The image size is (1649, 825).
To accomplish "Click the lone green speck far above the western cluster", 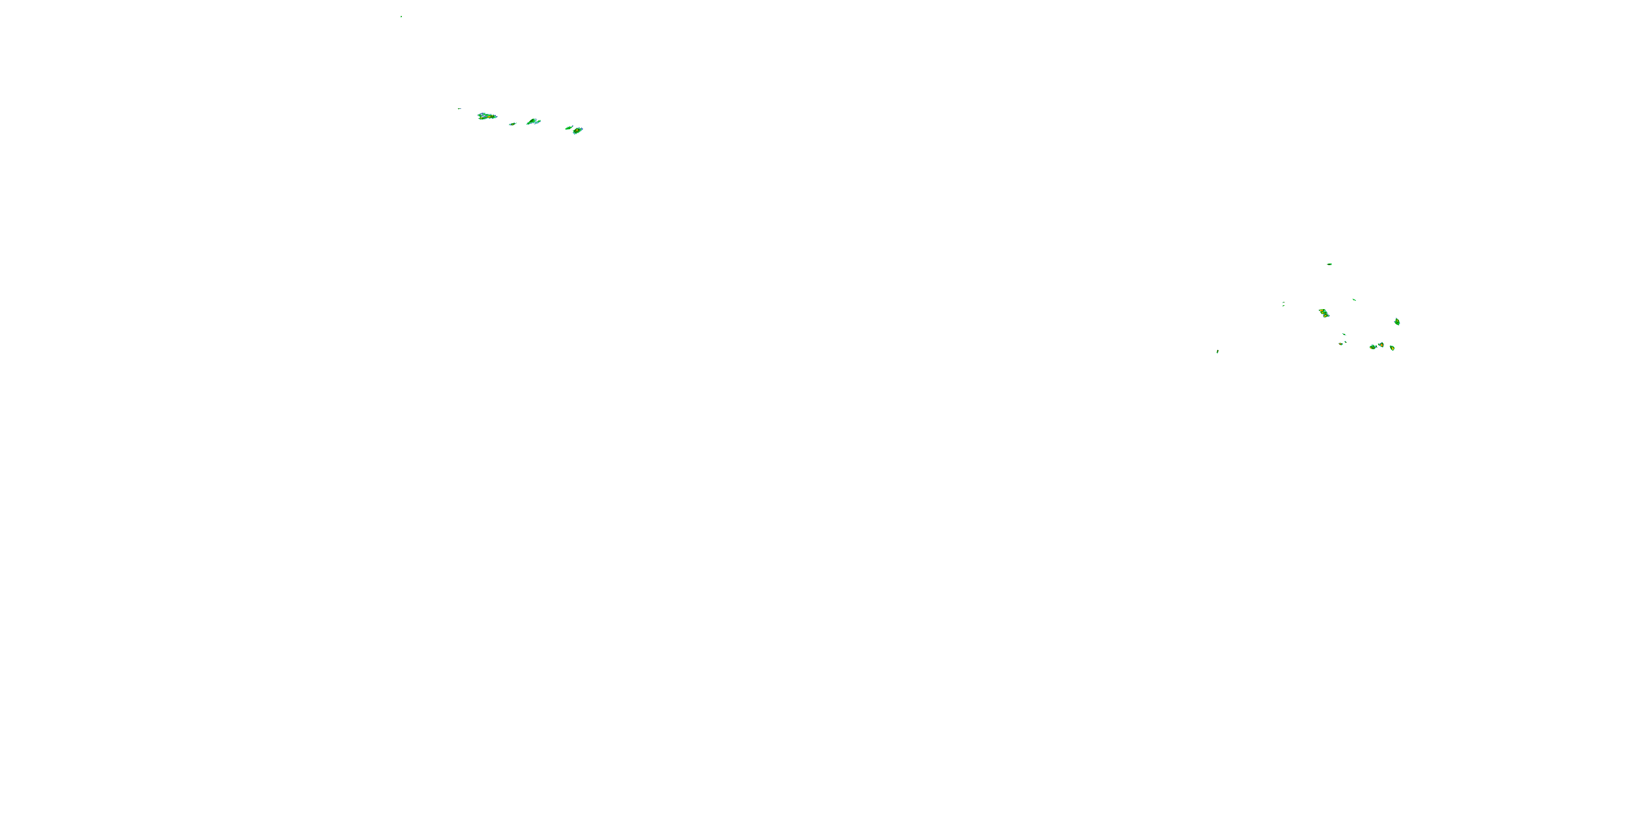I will tap(401, 16).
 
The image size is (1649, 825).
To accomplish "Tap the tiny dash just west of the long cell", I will tap(459, 109).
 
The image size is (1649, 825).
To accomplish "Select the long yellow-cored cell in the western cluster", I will tap(486, 117).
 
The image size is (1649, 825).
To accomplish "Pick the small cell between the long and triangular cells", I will tap(512, 124).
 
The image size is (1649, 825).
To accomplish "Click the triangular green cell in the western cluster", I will tap(533, 121).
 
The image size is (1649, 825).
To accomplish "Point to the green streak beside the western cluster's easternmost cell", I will tap(568, 128).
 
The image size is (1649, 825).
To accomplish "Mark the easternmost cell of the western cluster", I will tap(577, 131).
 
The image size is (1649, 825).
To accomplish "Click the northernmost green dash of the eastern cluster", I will tap(1330, 264).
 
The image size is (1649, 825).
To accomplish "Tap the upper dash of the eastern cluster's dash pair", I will tap(1284, 302).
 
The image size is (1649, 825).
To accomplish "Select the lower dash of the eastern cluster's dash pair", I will tap(1284, 306).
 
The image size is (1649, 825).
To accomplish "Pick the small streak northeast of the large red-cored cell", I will tap(1354, 300).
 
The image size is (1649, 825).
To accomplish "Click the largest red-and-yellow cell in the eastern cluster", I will tap(1324, 313).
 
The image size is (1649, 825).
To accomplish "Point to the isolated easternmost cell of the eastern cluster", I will tap(1397, 322).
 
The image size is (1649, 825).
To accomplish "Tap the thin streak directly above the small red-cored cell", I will tap(1344, 334).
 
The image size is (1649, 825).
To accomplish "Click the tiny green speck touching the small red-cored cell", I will tap(1346, 342).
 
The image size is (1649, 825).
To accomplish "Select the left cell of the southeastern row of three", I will tap(1373, 347).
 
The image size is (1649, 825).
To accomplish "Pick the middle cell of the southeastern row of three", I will tap(1381, 345).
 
